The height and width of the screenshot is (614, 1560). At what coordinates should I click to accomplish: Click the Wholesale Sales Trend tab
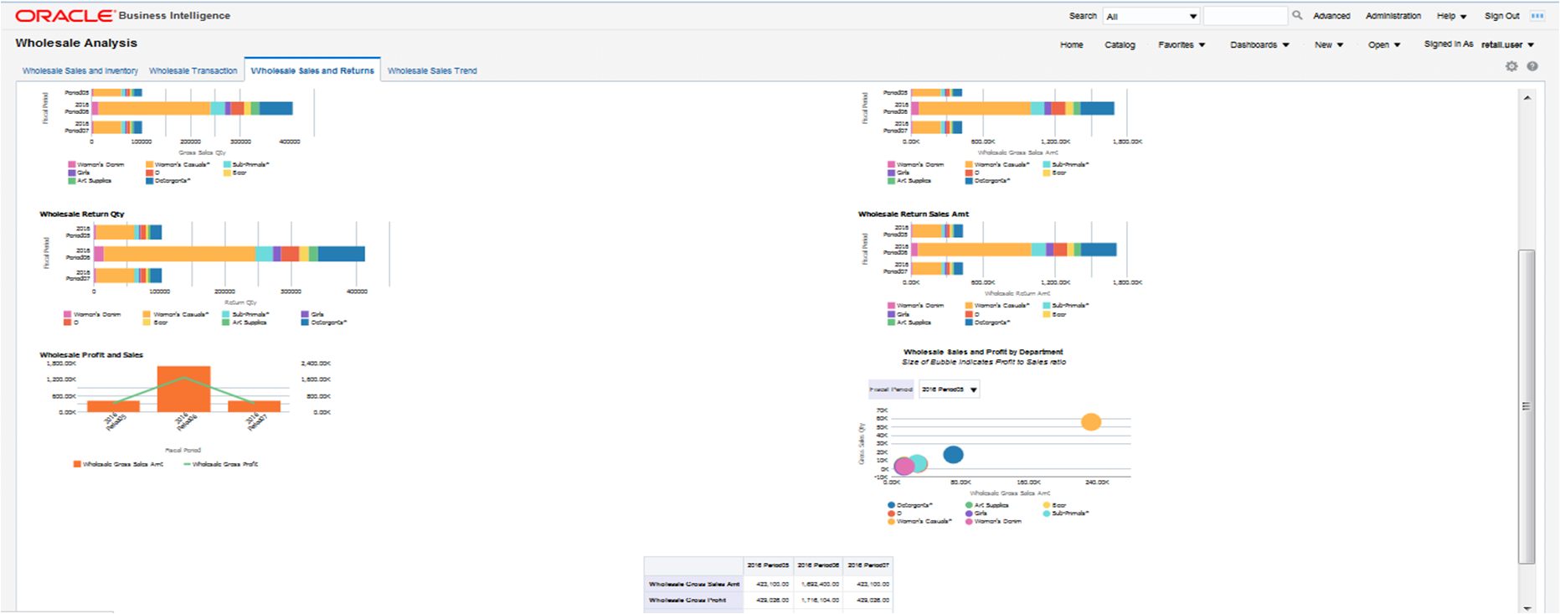pos(432,71)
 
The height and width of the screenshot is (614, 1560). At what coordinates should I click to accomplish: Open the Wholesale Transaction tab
pos(193,71)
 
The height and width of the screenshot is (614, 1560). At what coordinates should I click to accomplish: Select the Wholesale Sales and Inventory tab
pos(80,71)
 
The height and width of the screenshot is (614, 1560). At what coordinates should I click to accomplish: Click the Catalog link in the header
pos(1120,45)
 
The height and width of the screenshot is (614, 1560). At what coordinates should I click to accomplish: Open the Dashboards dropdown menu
pos(1259,45)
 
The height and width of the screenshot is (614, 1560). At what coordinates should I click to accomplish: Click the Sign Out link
pos(1501,16)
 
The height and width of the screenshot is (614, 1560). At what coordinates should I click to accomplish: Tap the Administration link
pos(1393,16)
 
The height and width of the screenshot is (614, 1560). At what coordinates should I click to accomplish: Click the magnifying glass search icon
pos(1297,15)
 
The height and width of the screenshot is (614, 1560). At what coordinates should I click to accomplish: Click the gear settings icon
pos(1511,66)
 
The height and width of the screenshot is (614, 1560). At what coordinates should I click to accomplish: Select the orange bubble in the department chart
pos(1090,422)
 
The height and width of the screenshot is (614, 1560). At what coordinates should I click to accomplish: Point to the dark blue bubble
pos(953,455)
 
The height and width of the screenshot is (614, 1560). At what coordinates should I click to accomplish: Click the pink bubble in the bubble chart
pos(904,466)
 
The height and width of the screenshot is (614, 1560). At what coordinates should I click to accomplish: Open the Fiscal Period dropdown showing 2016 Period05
pos(949,390)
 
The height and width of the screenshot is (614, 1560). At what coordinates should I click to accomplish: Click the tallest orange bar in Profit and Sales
pos(184,389)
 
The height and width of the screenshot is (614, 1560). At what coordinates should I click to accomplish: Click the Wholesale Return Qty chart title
pos(82,214)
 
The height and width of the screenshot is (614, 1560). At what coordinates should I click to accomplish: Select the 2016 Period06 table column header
pos(818,565)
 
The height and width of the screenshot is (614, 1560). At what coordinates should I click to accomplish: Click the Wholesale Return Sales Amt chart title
pos(913,214)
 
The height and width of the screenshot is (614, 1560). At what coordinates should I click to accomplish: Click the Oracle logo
pos(65,16)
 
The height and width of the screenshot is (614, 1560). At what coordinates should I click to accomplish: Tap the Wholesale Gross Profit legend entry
pos(221,464)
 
